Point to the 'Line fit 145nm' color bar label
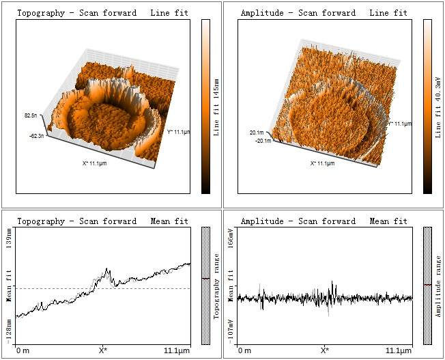click(x=216, y=107)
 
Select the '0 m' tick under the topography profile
click(x=23, y=350)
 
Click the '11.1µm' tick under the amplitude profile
click(x=399, y=350)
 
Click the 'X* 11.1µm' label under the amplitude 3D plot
click(x=323, y=163)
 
